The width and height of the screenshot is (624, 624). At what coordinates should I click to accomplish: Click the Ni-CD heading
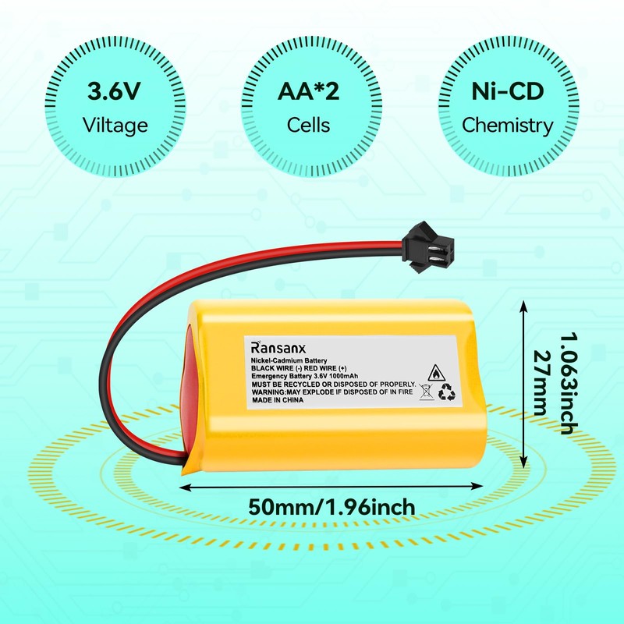pyautogui.click(x=507, y=91)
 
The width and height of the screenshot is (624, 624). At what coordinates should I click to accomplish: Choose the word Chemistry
pyautogui.click(x=507, y=124)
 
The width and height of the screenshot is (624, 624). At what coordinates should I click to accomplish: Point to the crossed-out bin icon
pyautogui.click(x=427, y=392)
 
